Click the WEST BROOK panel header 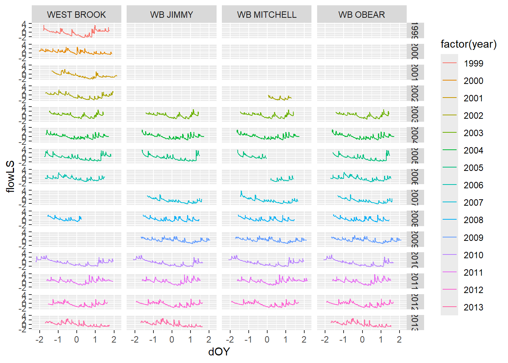(x=76, y=15)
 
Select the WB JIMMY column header (x=172, y=15)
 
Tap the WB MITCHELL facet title (x=267, y=15)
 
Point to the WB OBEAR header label (x=362, y=15)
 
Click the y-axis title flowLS (x=11, y=177)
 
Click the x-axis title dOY (x=219, y=352)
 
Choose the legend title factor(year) (x=468, y=44)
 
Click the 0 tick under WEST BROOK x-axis (x=76, y=340)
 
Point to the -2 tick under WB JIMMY (x=135, y=340)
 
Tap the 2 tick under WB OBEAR (x=399, y=340)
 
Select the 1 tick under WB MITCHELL (x=285, y=340)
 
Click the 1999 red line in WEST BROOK (x=68, y=32)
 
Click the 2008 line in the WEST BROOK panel (x=64, y=219)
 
